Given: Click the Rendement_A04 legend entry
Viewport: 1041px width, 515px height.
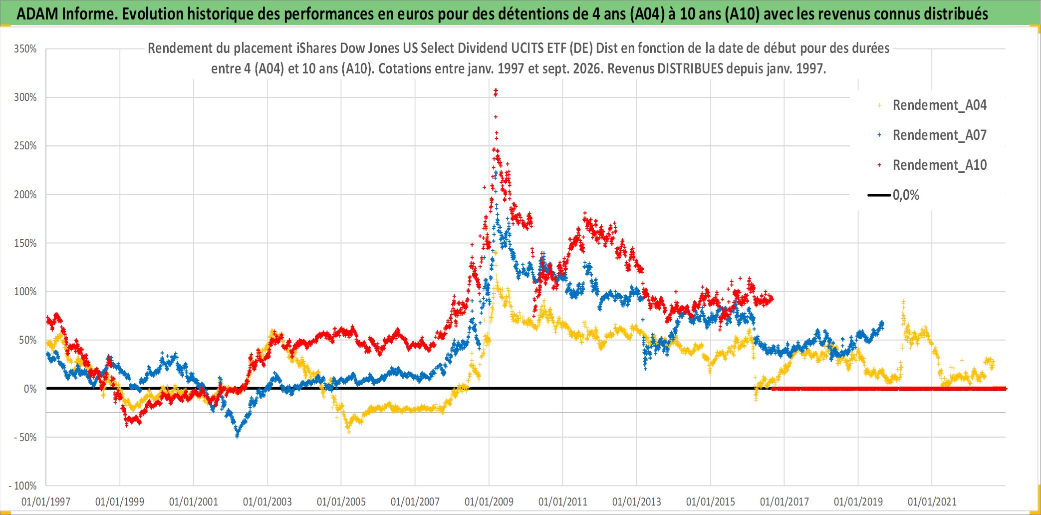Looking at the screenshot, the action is click(x=932, y=105).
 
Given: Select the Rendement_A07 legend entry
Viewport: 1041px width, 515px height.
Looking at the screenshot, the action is click(x=932, y=135).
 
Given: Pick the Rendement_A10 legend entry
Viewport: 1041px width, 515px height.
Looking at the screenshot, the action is click(x=932, y=165).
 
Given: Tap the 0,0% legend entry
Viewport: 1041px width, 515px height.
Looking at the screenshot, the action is click(x=893, y=195).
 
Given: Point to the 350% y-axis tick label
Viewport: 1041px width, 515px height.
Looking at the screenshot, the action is click(x=25, y=49).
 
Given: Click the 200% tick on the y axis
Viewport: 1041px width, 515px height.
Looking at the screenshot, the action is click(x=25, y=194).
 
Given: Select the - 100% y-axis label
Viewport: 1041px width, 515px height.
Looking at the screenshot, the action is click(x=23, y=486).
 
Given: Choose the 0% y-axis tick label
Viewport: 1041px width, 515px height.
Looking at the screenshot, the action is click(x=30, y=389).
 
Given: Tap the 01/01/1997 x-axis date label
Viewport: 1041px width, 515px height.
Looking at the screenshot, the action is click(x=46, y=502).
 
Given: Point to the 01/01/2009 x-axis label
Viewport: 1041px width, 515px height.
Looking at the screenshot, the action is click(x=489, y=502).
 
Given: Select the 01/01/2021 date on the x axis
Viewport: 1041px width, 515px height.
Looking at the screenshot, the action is click(x=932, y=502).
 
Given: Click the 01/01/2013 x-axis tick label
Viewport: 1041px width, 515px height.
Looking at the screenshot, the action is click(x=637, y=502).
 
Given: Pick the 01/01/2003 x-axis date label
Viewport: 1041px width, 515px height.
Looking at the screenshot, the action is click(x=267, y=502).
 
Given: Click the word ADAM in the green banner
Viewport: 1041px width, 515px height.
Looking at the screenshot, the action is click(x=37, y=13).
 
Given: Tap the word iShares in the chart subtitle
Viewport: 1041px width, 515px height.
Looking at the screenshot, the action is click(x=316, y=48).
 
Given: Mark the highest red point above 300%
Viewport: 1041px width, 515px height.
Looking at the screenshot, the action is click(x=496, y=90).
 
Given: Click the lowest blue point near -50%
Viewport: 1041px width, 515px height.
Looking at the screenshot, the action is click(x=237, y=436).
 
